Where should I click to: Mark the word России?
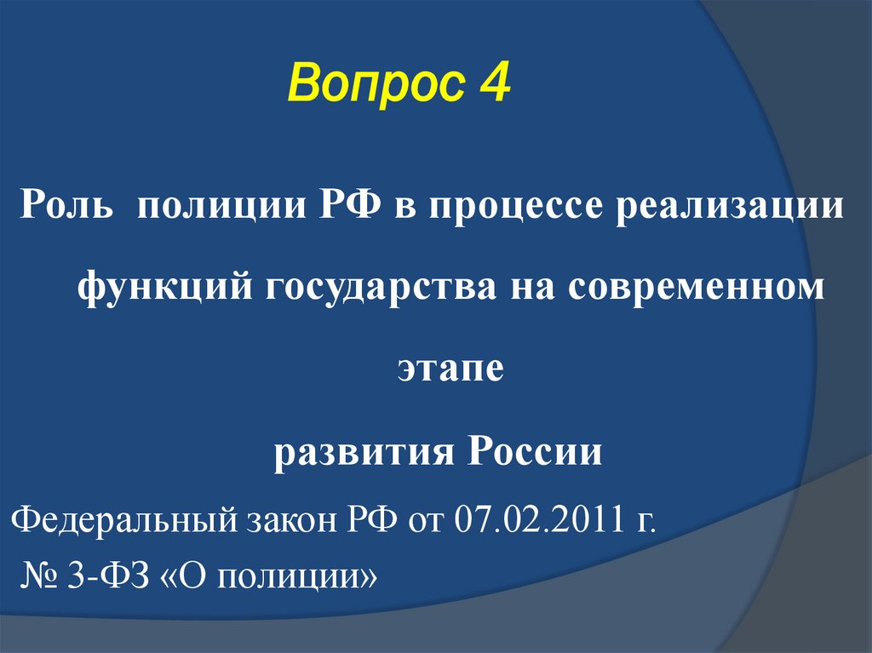(x=534, y=450)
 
